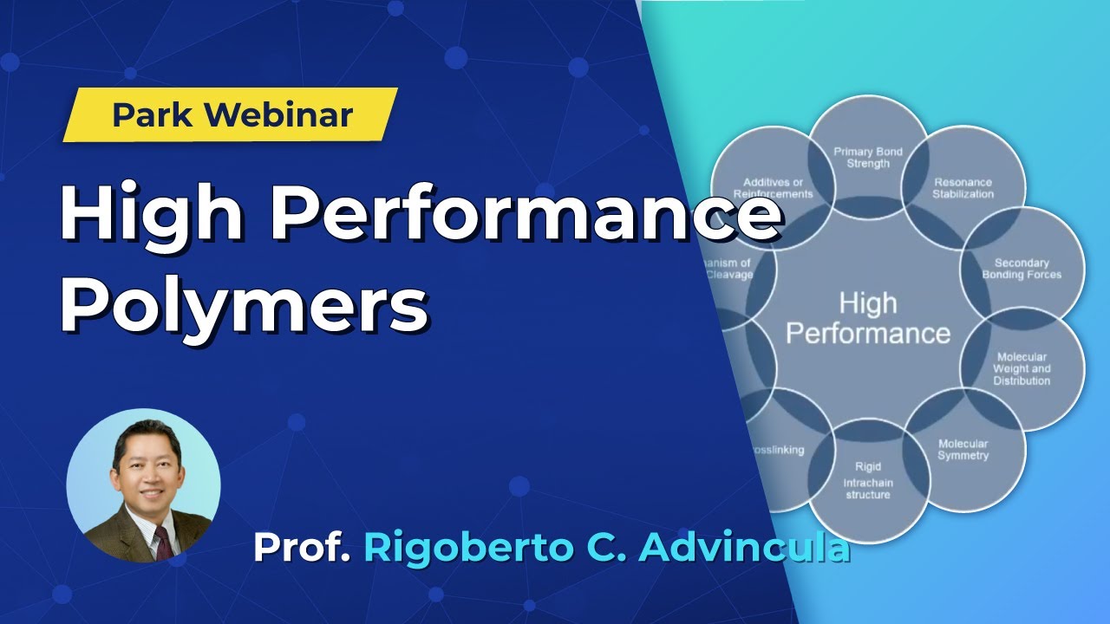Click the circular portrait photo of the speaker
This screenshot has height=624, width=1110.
tap(143, 485)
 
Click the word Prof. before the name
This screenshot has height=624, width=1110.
tap(302, 548)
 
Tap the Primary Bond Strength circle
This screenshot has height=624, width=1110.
tap(868, 158)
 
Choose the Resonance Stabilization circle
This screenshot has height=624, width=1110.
tap(963, 188)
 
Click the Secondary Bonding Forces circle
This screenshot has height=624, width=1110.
tap(1022, 269)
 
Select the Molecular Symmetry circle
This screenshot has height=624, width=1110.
tap(963, 449)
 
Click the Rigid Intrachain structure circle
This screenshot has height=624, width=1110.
tap(868, 481)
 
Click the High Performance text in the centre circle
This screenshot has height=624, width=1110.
tap(868, 318)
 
